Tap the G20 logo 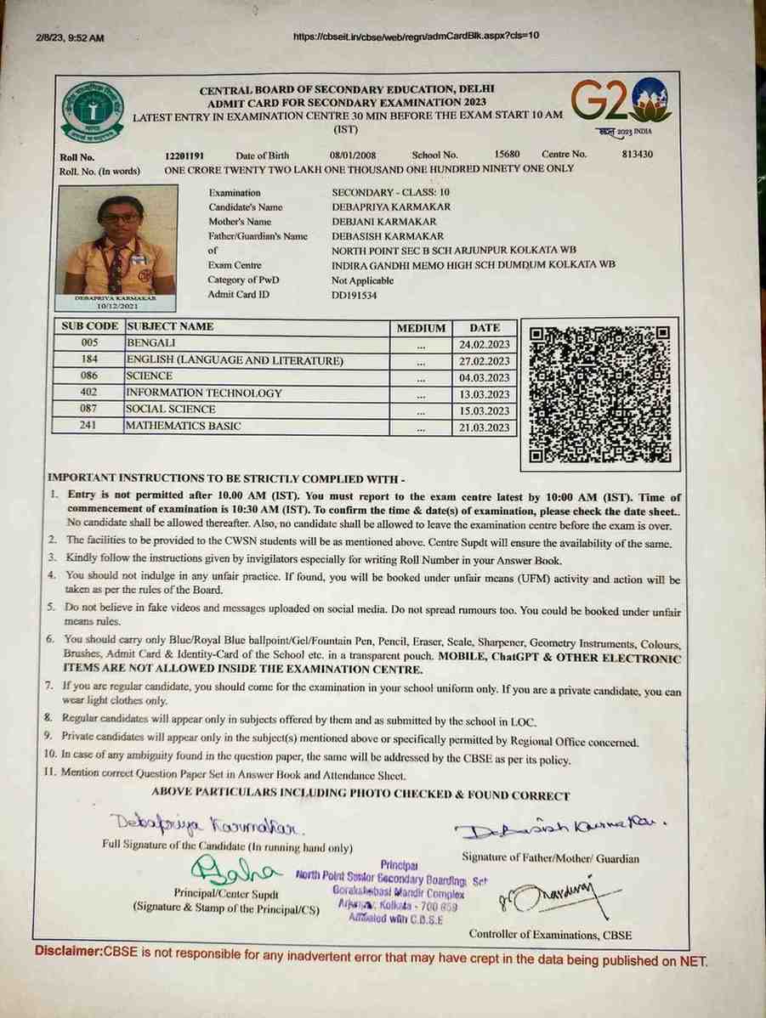(620, 104)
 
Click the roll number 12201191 (184, 156)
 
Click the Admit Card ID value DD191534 (354, 295)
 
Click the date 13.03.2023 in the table (484, 394)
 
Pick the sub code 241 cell (88, 427)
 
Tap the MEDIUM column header (421, 328)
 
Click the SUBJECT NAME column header (170, 326)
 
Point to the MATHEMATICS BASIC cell (184, 427)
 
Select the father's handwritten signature (560, 829)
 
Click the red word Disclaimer (69, 950)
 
